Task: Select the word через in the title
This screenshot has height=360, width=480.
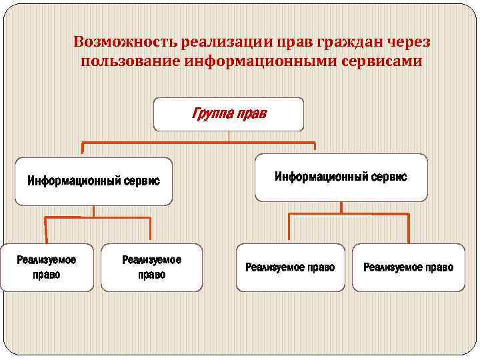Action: coord(407,42)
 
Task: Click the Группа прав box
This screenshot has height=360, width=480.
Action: coord(229,114)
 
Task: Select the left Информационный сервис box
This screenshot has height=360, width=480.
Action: coord(93,181)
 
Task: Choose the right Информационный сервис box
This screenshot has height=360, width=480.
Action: coord(341,177)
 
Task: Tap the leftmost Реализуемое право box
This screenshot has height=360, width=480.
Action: coord(47,267)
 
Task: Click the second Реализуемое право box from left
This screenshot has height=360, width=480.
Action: coord(151,267)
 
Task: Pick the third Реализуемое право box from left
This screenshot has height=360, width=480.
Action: coord(290,267)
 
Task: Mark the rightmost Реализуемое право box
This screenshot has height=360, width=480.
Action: coord(408,267)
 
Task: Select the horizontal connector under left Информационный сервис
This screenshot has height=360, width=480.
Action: coord(97,217)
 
